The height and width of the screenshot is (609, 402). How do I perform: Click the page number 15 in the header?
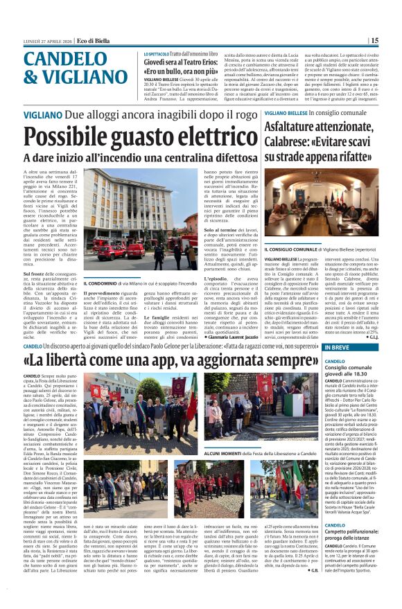(393, 40)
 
